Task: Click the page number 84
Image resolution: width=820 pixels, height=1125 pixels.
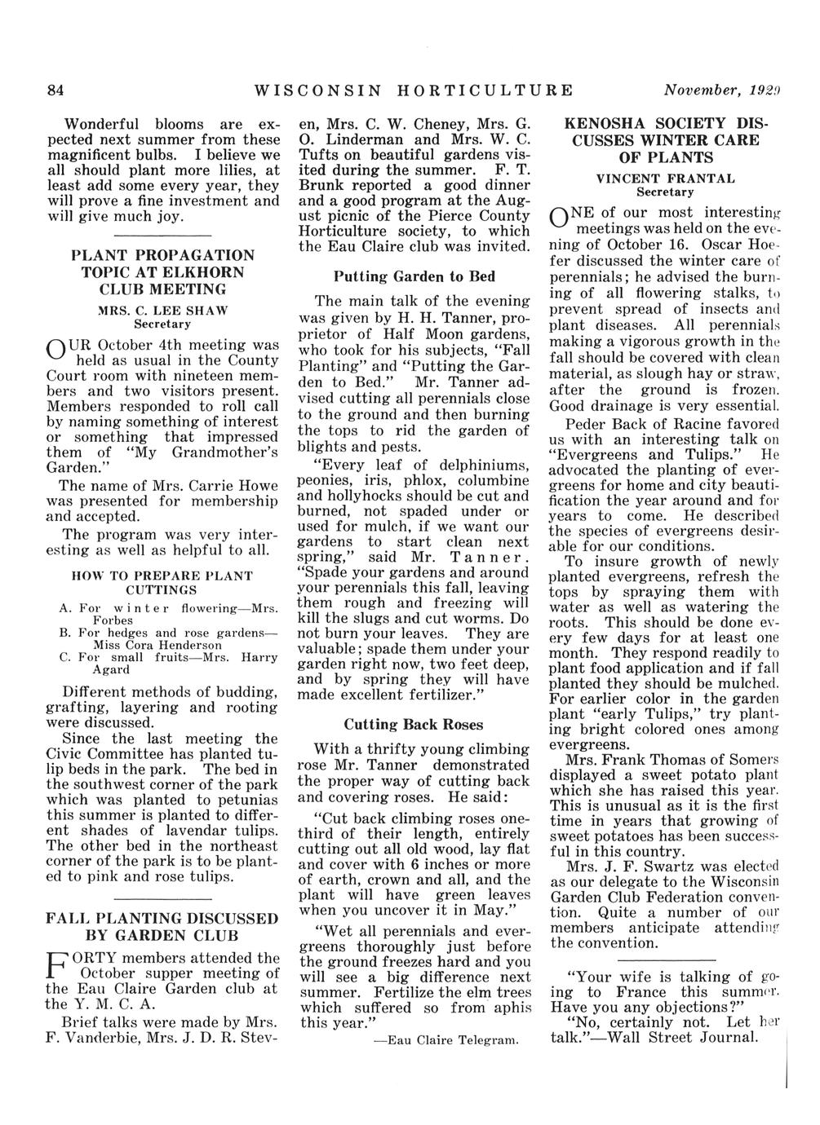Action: pyautogui.click(x=55, y=89)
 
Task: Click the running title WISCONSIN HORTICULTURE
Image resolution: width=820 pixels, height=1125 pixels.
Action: pyautogui.click(x=414, y=89)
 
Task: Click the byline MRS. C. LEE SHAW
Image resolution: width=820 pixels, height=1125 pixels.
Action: pyautogui.click(x=161, y=310)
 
